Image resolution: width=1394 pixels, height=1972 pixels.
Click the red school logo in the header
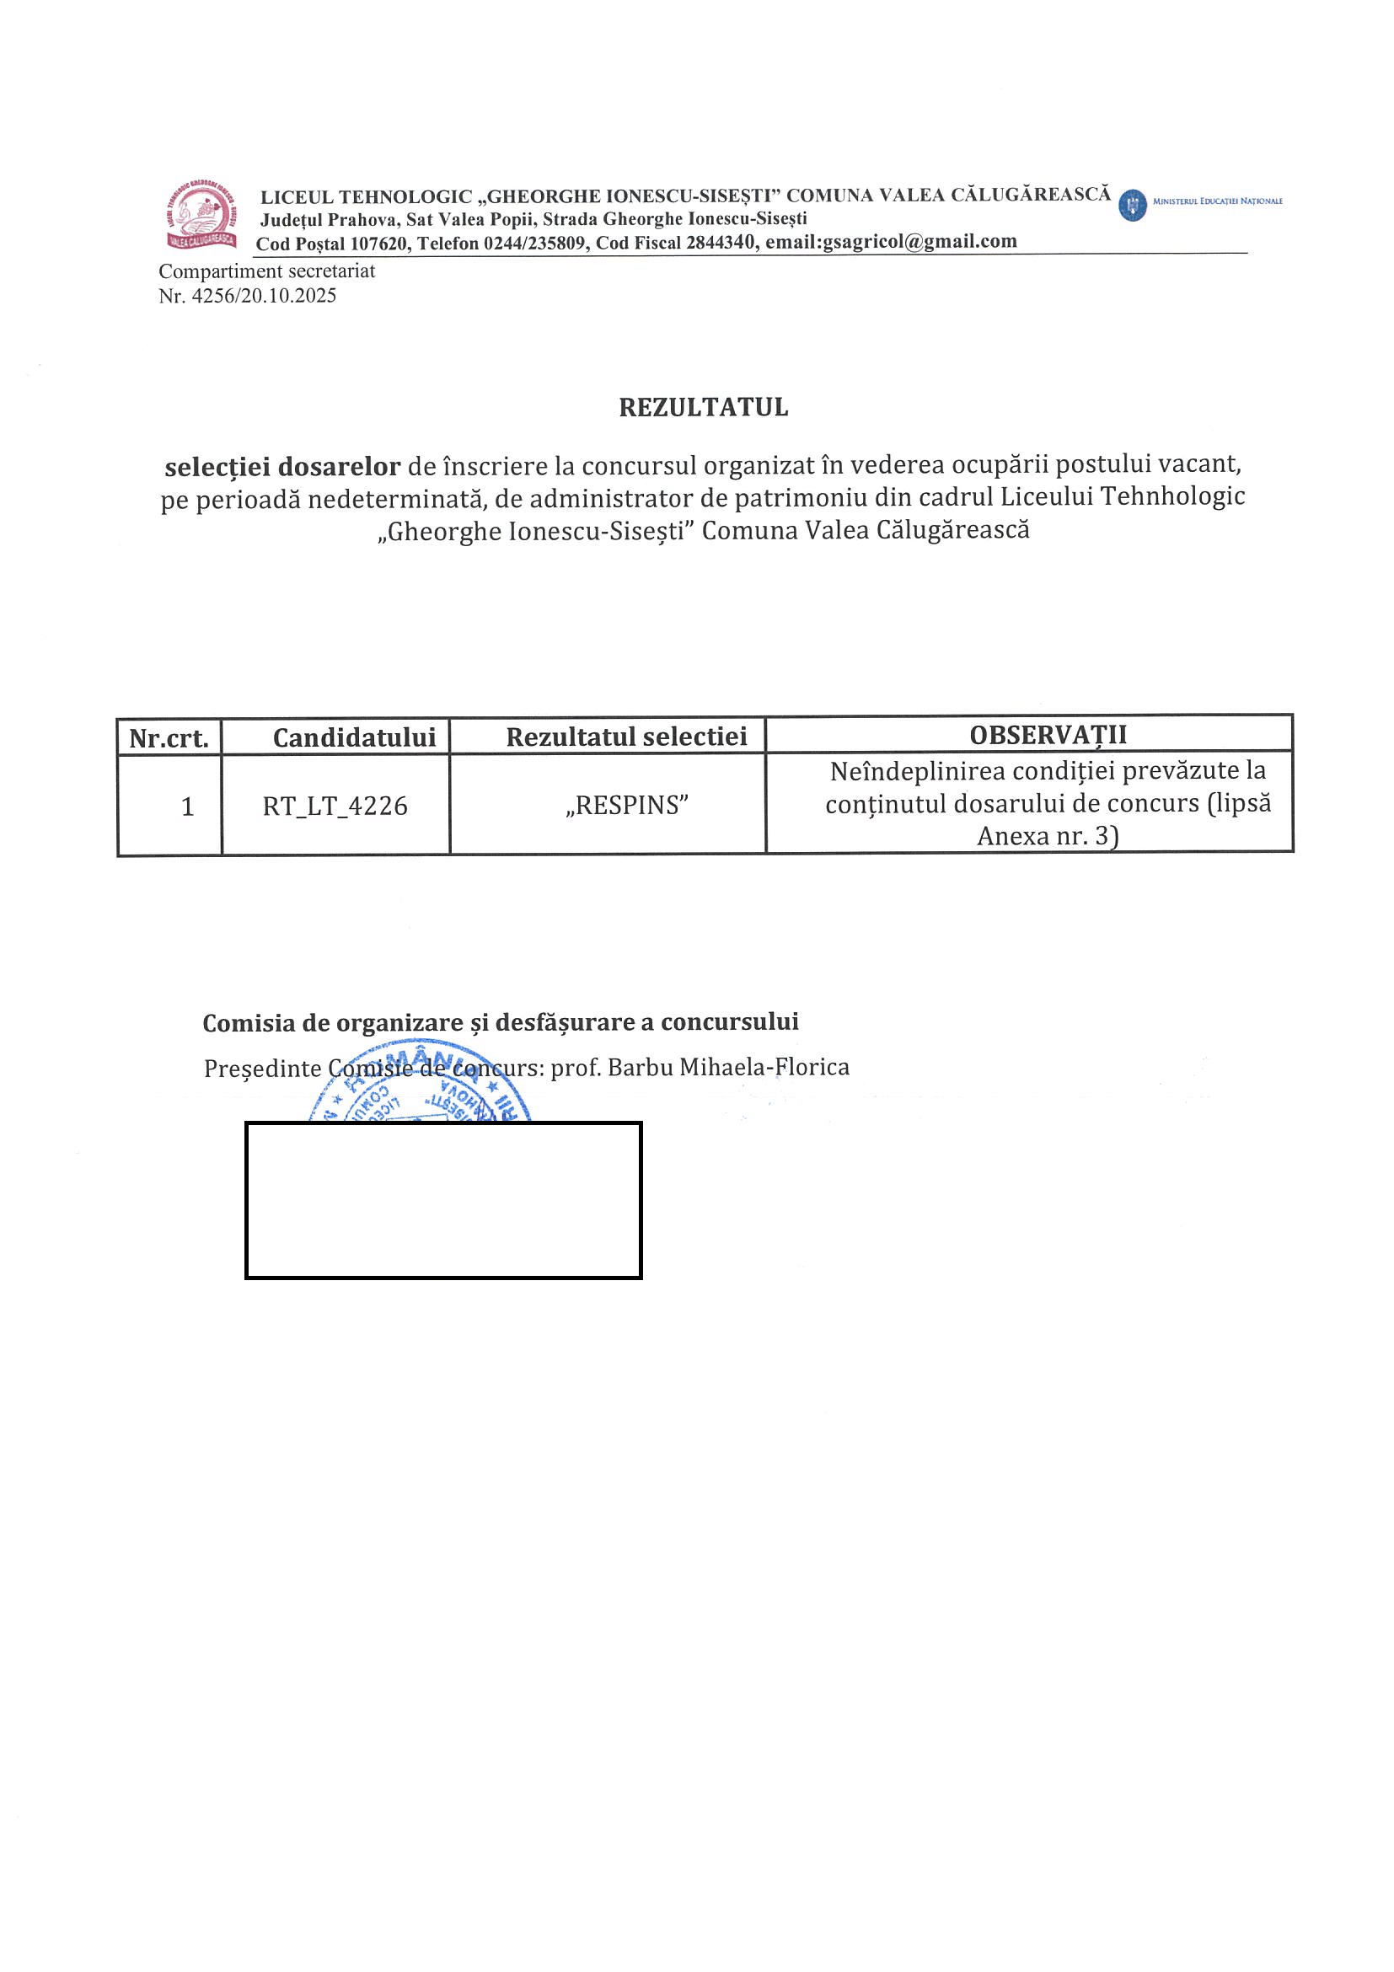201,215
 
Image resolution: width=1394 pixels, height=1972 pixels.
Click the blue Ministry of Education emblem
1133,206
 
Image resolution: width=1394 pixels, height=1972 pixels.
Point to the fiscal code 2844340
721,243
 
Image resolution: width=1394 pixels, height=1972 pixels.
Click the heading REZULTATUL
704,407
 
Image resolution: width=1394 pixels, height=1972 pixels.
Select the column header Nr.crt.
169,737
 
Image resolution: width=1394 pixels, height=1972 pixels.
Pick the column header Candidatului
354,737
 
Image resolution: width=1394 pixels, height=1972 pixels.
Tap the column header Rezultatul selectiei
626,737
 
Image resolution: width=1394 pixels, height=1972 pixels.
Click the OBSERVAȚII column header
1048,735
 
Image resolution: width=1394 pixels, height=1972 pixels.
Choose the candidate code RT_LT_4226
335,806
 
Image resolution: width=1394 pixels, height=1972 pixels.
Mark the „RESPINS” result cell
627,806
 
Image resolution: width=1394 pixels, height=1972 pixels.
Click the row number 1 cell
187,806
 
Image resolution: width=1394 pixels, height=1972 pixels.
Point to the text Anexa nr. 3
1046,836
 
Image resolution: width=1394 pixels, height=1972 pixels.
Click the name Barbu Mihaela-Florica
728,1068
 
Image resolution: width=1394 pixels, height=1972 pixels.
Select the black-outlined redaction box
443,1200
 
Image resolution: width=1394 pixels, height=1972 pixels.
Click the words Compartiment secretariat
267,271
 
